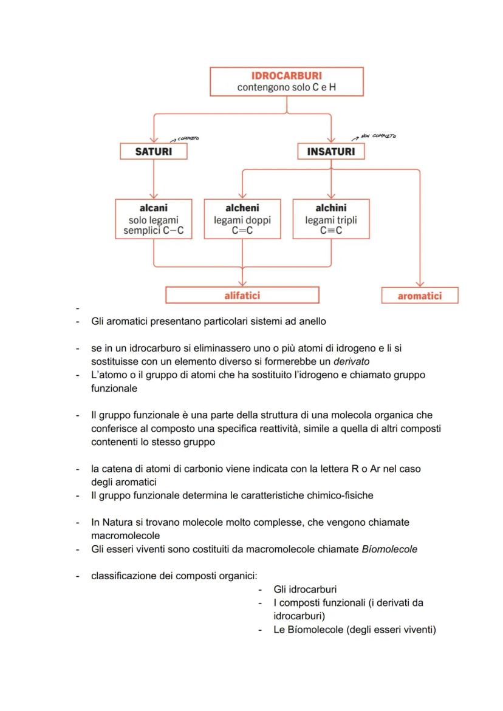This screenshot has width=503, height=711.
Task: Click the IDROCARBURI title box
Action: click(x=286, y=81)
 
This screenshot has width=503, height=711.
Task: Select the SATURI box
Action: click(x=153, y=151)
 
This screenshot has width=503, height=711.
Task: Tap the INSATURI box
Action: click(x=330, y=151)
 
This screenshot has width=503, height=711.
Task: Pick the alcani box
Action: click(x=154, y=219)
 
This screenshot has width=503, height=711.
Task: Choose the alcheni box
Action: click(x=242, y=219)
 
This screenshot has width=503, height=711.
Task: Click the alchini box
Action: click(x=331, y=219)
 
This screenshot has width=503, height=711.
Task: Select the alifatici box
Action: click(x=242, y=295)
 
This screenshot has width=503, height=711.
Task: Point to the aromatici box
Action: click(x=419, y=296)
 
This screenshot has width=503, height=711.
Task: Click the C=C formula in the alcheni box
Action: click(x=242, y=231)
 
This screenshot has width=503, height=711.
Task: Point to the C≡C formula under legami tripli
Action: click(x=331, y=231)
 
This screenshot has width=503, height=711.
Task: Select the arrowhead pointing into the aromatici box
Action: click(x=419, y=284)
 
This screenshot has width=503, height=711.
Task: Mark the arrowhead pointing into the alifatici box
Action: click(x=242, y=282)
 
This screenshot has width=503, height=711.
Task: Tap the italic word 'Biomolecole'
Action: click(x=389, y=549)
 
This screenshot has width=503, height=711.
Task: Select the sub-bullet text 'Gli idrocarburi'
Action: click(x=305, y=590)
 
